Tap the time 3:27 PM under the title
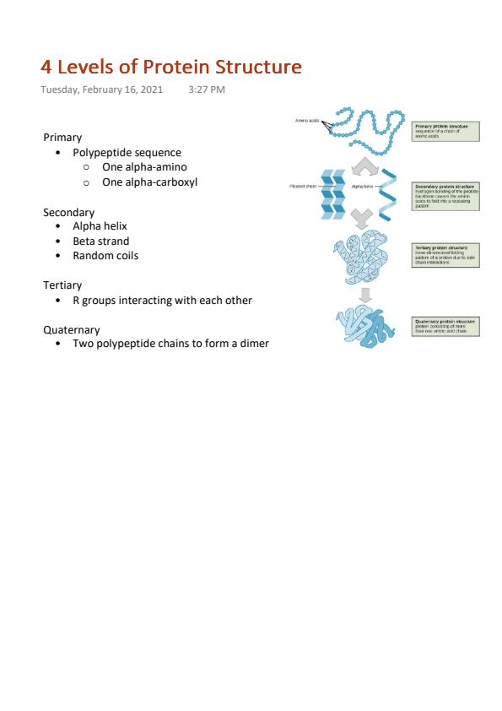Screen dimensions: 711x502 [x=207, y=90]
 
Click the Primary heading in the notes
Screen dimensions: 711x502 [x=62, y=137]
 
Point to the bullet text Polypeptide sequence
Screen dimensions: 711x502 [x=127, y=153]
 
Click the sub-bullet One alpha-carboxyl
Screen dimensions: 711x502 [x=149, y=182]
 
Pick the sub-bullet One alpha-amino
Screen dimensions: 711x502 [x=144, y=167]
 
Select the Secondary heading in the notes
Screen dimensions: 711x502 [x=68, y=213]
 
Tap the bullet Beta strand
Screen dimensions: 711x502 [x=100, y=241]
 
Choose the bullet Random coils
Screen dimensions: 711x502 [x=105, y=255]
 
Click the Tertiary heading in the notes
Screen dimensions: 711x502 [x=62, y=285]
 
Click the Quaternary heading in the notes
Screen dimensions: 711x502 [x=71, y=329]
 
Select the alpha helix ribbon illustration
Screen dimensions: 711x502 [x=390, y=194]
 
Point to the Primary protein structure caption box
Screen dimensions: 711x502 [x=445, y=131]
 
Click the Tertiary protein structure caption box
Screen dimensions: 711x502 [x=445, y=255]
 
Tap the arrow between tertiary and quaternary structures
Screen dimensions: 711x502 [x=364, y=295]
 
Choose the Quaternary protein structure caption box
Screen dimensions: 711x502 [x=445, y=326]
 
